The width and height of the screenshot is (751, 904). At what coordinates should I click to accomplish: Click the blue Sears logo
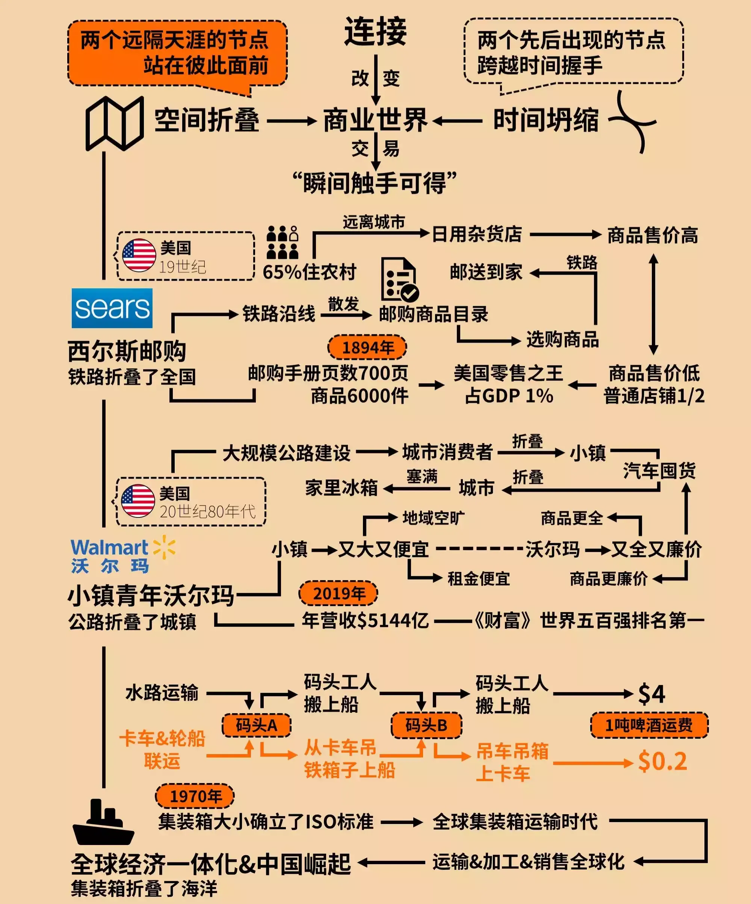[x=112, y=308]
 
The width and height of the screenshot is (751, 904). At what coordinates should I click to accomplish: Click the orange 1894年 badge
[x=367, y=347]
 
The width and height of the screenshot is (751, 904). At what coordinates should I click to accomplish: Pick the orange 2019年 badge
[x=338, y=594]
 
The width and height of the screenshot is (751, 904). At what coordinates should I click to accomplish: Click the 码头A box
[x=257, y=726]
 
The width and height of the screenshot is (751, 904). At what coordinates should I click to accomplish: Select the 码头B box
[x=426, y=726]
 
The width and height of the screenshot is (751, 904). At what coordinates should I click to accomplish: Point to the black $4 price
[x=651, y=694]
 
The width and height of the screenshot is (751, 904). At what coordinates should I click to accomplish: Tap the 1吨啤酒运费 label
[x=649, y=726]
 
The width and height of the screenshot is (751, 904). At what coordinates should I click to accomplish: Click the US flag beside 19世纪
[x=139, y=255]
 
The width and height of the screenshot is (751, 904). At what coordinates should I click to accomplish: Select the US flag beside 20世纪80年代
[x=138, y=500]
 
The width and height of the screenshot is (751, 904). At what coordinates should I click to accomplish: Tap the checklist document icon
[x=399, y=280]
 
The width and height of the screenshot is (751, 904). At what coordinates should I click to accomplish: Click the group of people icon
[x=282, y=242]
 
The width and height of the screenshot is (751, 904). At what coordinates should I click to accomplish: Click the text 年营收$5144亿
[x=365, y=620]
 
